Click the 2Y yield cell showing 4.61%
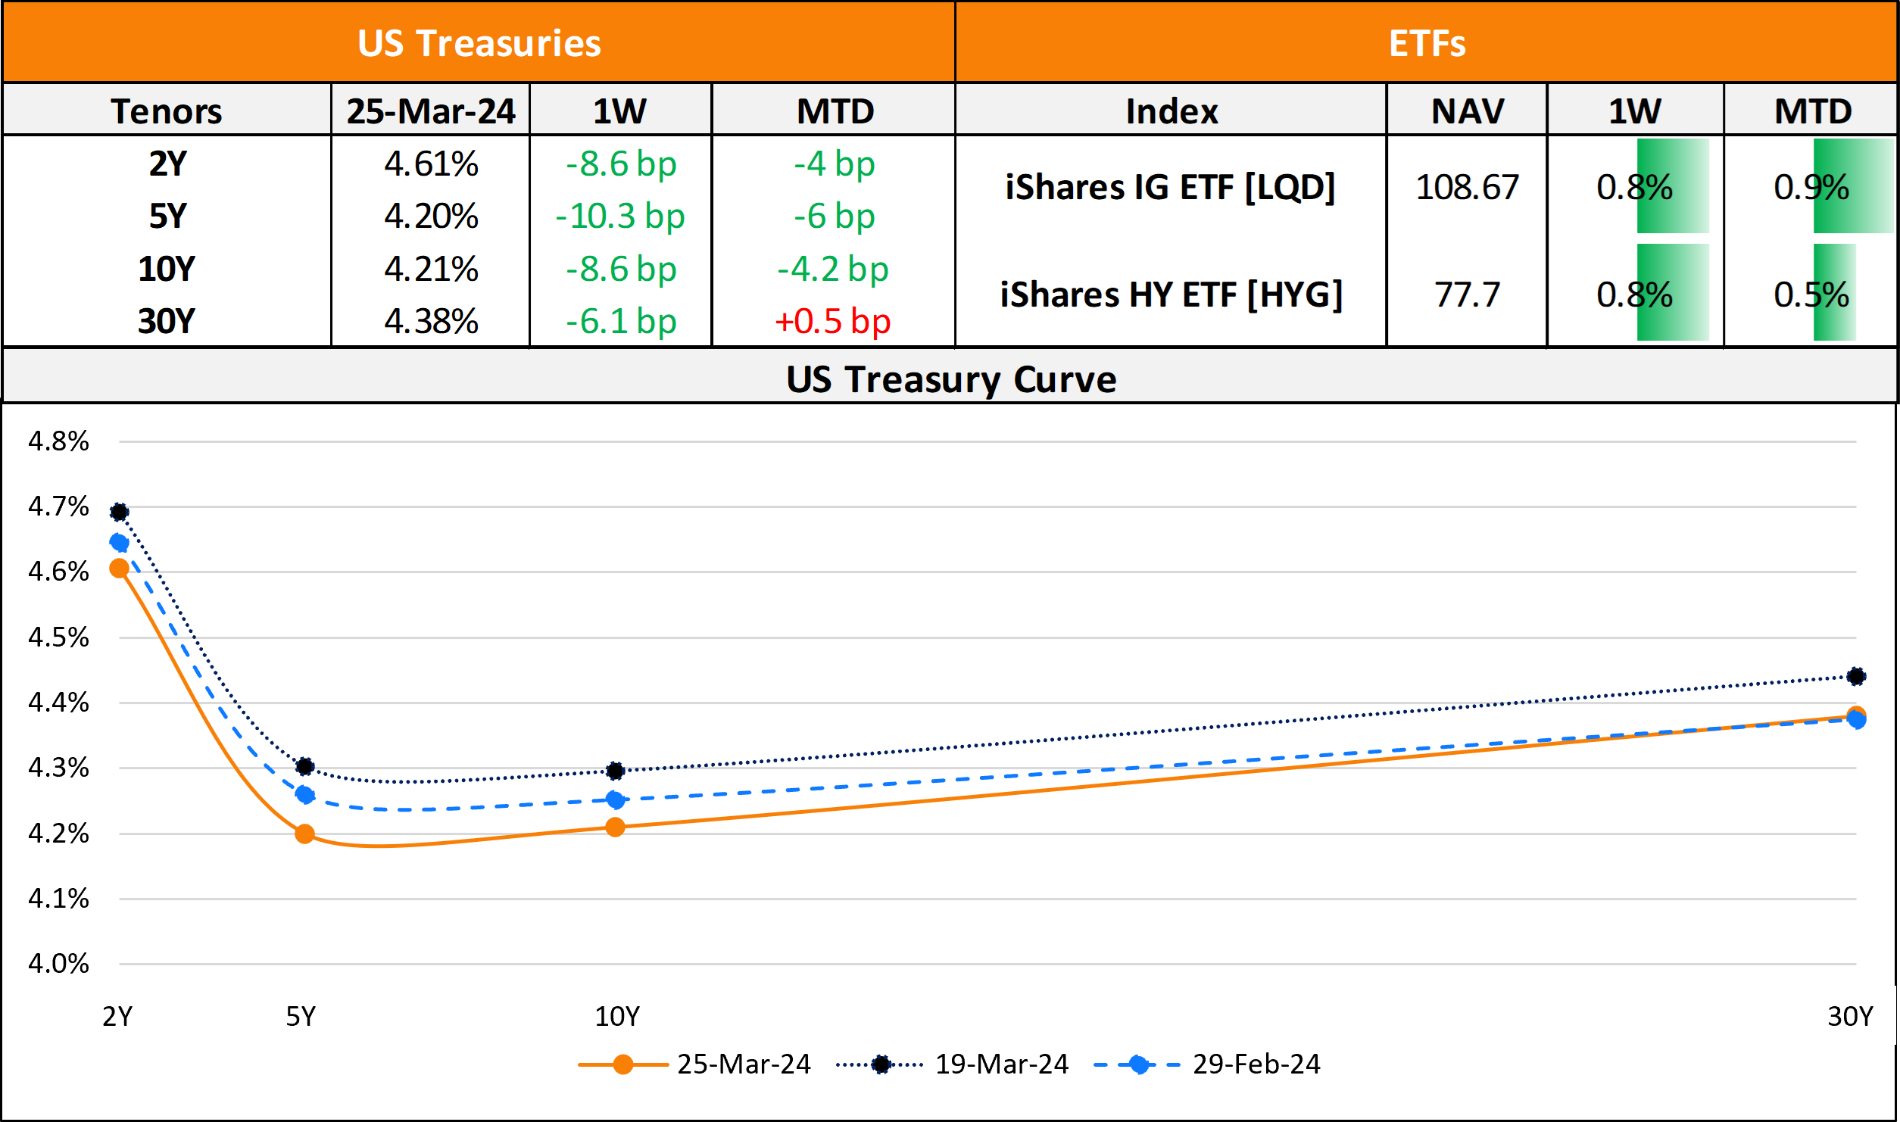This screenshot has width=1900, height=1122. click(x=431, y=164)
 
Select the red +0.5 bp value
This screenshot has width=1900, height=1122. click(x=833, y=321)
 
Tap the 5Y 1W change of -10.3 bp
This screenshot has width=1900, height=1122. click(x=620, y=217)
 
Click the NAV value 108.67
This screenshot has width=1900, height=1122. click(x=1467, y=187)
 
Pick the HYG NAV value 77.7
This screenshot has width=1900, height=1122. click(x=1467, y=295)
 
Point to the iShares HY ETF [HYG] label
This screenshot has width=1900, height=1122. click(x=1171, y=295)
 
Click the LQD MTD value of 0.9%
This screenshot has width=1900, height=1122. click(x=1811, y=187)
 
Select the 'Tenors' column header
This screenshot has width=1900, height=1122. click(x=167, y=111)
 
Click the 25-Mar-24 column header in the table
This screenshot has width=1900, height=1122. click(x=431, y=111)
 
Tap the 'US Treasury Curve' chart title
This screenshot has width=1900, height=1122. click(x=950, y=379)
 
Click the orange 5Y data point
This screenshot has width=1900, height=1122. click(x=304, y=834)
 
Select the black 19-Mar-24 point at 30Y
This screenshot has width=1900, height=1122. click(x=1855, y=676)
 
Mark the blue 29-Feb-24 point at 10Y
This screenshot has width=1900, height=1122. click(x=615, y=799)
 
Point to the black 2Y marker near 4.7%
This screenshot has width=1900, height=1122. click(x=119, y=513)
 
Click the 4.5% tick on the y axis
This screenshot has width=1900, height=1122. click(x=58, y=637)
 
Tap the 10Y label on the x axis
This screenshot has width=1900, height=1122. click(x=616, y=1016)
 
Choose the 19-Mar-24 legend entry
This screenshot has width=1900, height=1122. click(x=1001, y=1064)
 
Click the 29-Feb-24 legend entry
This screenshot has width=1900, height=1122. click(x=1256, y=1064)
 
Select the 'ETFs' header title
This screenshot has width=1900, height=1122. click(x=1427, y=43)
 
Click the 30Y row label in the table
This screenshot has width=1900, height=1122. click(x=167, y=321)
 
